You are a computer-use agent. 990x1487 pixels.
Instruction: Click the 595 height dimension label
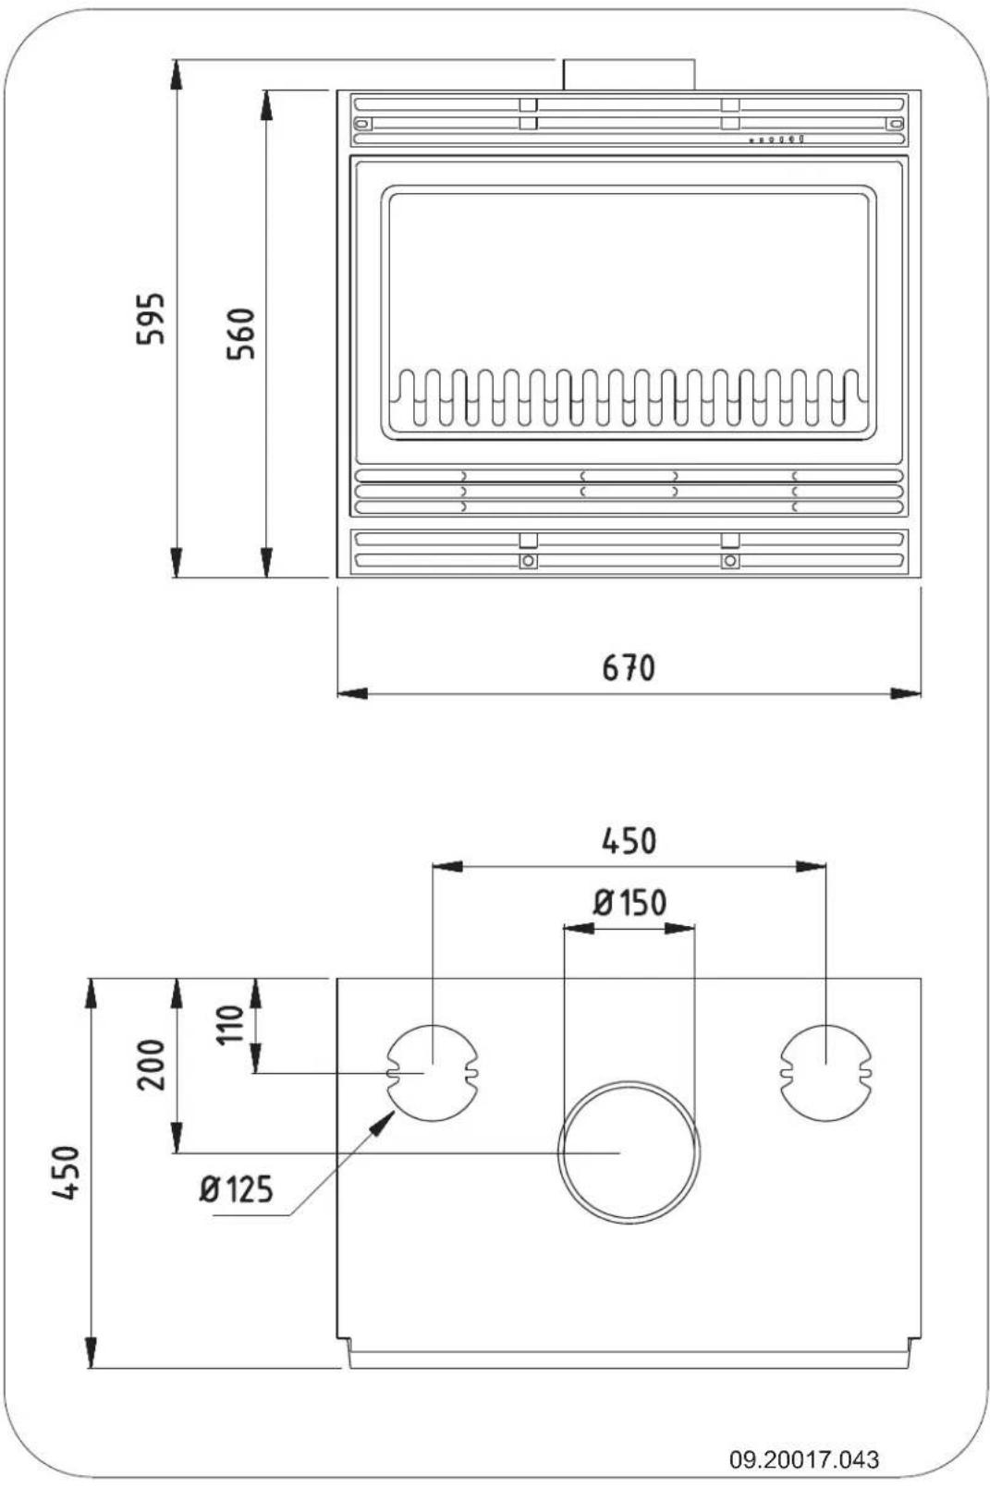151,319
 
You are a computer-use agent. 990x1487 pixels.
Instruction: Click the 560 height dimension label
241,334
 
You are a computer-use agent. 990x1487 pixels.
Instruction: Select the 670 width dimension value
629,667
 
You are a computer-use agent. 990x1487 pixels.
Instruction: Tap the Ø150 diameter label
630,902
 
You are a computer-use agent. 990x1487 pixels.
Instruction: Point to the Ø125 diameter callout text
237,1189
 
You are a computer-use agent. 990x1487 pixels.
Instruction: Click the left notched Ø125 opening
432,1072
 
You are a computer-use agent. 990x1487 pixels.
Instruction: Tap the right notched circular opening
825,1072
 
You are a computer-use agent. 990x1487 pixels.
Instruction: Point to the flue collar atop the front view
629,74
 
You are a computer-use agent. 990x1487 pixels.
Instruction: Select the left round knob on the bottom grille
528,561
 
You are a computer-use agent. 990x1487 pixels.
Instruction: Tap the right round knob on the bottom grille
730,561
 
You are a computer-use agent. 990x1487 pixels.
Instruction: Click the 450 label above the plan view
629,841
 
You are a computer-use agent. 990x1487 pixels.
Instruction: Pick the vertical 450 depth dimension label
67,1174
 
